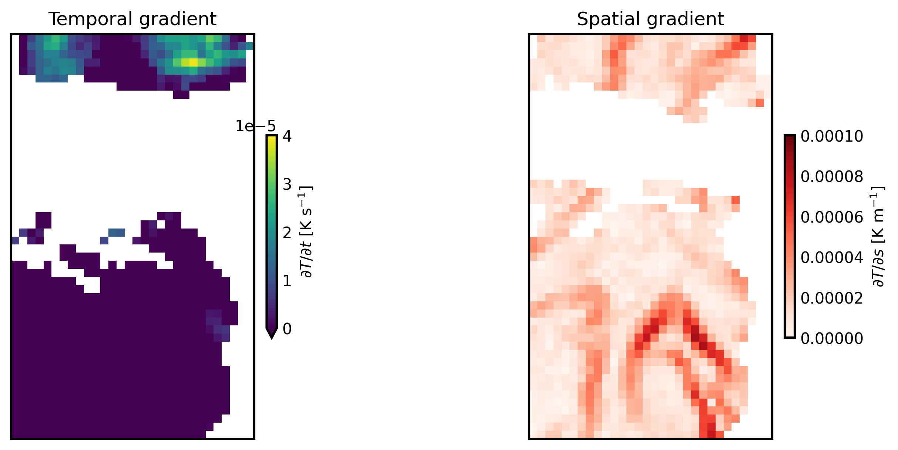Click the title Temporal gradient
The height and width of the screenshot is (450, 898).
[132, 19]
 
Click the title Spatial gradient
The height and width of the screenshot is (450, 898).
[650, 19]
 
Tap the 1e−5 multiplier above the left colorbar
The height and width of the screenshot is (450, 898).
[256, 126]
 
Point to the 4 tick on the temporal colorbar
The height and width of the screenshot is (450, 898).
[287, 136]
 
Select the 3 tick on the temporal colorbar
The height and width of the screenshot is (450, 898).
[287, 185]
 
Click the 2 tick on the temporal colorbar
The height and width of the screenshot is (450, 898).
[287, 233]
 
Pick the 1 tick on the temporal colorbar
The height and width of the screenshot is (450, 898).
[287, 281]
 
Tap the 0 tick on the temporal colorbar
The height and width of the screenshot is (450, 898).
[287, 329]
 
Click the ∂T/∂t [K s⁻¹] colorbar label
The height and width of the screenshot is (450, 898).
[307, 232]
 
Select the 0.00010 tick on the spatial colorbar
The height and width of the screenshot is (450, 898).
[832, 136]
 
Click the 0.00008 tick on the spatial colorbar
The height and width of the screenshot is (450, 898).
[832, 177]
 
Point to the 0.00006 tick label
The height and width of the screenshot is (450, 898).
[832, 217]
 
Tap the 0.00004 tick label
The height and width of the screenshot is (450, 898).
[832, 258]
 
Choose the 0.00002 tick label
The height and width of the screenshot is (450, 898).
[832, 298]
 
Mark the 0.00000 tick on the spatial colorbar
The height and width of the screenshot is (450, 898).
[832, 338]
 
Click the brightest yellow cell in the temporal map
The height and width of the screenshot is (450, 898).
[193, 62]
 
